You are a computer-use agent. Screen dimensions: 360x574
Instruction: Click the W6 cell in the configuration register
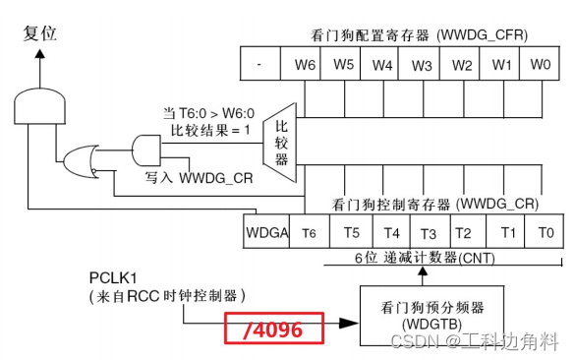point(305,65)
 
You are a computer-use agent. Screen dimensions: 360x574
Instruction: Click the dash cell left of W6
point(258,65)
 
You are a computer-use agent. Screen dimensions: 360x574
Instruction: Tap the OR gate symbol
point(79,158)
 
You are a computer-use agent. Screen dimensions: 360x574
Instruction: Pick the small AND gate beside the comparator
point(144,149)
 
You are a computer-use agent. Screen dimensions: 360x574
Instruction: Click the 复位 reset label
point(39,33)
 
